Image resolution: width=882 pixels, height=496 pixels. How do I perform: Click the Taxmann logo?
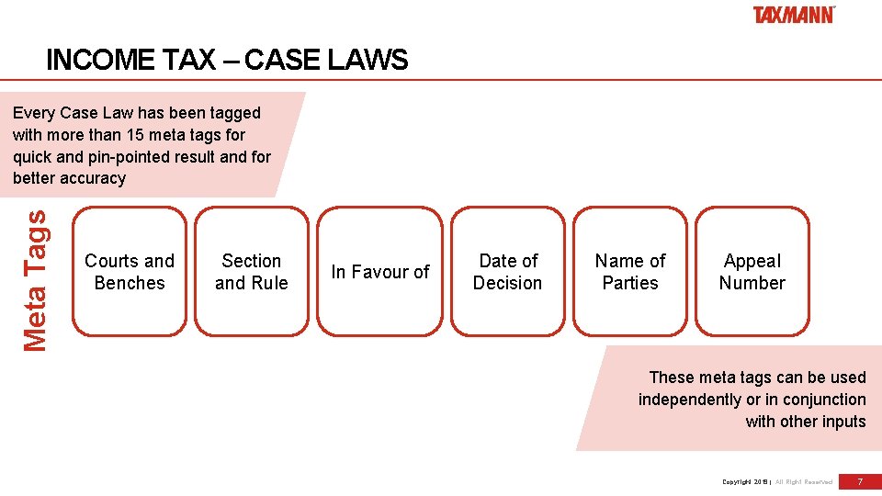794,15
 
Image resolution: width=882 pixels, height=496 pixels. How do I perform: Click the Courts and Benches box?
130,272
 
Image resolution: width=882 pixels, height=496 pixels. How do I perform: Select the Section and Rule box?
252,272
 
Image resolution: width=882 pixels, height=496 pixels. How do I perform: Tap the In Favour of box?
380,272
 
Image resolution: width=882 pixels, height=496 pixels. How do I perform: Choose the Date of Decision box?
508,272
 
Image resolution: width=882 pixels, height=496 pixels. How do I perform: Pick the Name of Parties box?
630,272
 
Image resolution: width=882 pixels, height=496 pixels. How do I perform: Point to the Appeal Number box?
752,272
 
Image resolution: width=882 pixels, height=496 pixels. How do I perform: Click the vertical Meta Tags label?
35,280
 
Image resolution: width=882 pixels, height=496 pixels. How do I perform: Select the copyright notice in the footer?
777,481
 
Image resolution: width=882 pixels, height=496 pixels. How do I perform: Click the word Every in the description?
33,113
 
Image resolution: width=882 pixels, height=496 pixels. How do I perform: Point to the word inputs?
843,422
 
